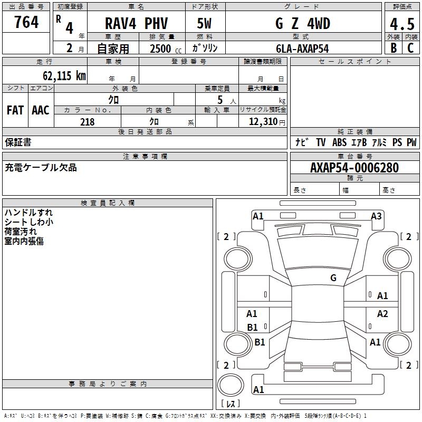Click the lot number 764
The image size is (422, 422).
tap(26, 22)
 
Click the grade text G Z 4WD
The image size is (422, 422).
tap(303, 24)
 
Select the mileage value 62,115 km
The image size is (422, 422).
tap(62, 75)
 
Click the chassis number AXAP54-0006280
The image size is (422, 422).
tap(354, 168)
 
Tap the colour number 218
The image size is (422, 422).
tap(87, 122)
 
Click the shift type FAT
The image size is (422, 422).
tap(15, 110)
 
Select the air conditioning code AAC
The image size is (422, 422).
tap(40, 110)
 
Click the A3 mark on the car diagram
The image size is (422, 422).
tap(376, 216)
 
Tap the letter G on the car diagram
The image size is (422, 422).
tap(333, 278)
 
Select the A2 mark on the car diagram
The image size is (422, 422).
tap(382, 314)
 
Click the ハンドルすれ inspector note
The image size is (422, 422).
tap(28, 213)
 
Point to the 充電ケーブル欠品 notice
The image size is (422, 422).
tap(41, 168)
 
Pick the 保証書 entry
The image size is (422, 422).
tap(18, 142)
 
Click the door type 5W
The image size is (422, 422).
tap(205, 24)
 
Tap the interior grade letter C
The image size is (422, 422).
tap(410, 48)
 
